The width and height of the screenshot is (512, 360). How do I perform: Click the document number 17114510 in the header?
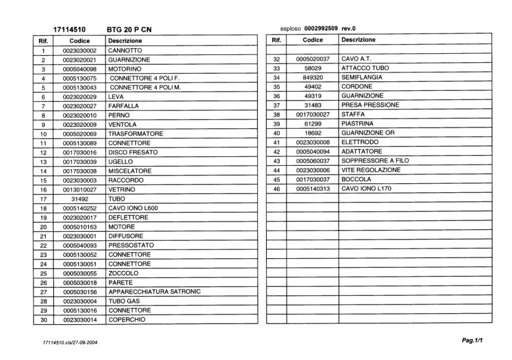click(x=70, y=29)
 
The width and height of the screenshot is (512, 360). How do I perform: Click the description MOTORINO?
click(x=124, y=69)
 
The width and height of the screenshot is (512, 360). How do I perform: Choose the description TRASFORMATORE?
click(x=136, y=134)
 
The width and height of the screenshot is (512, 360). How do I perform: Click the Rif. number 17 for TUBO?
click(x=43, y=199)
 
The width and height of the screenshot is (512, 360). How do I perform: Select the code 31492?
click(x=79, y=199)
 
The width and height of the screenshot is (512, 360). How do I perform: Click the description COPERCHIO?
click(x=127, y=320)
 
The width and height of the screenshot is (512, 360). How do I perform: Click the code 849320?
click(x=312, y=78)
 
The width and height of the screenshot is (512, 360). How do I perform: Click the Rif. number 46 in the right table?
click(x=276, y=189)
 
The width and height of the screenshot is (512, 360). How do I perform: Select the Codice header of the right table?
click(x=312, y=40)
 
